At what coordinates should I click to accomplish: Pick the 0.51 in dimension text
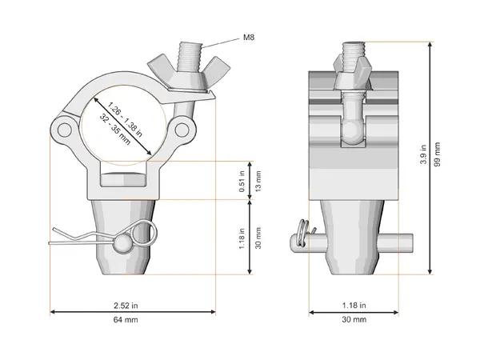tap(242, 180)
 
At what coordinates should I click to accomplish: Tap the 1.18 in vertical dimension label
tap(242, 238)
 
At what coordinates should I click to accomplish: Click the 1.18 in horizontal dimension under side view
tap(354, 305)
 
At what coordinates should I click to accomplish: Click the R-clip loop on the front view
tap(146, 233)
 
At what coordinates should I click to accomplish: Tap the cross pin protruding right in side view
tap(403, 240)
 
